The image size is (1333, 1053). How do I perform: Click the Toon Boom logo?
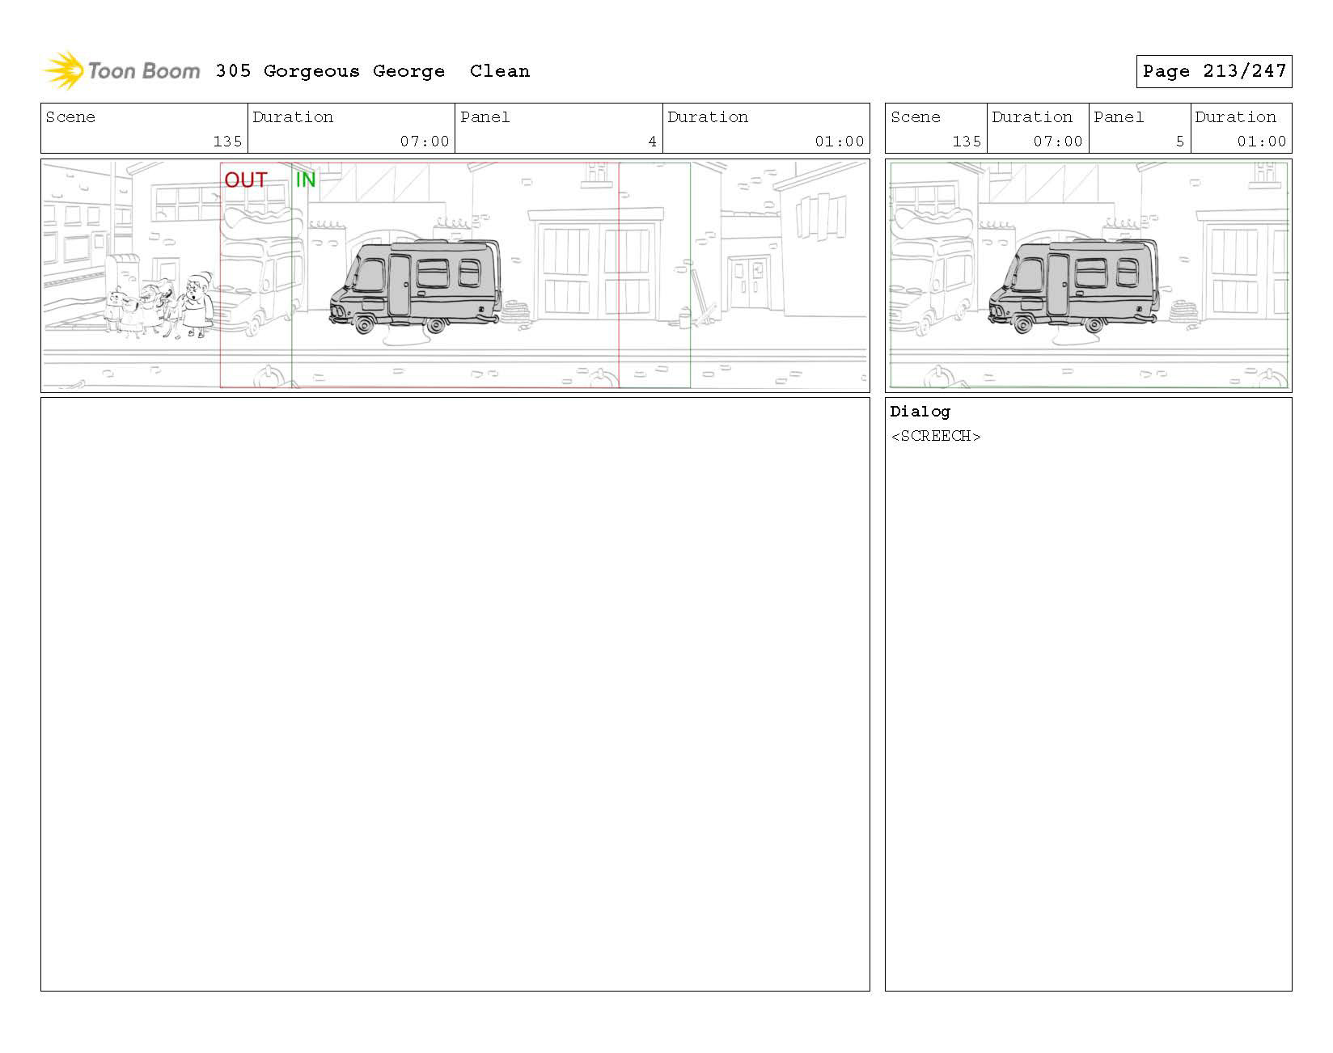click(x=121, y=70)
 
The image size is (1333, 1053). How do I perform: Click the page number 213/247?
click(x=1244, y=71)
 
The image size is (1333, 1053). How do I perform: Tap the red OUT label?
click(x=246, y=180)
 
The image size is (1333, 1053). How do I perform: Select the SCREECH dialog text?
click(x=936, y=436)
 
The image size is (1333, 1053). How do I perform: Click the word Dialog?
click(x=920, y=412)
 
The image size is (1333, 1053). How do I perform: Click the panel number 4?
click(x=652, y=142)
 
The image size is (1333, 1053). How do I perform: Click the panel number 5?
click(x=1179, y=142)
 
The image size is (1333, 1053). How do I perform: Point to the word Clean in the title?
click(x=500, y=71)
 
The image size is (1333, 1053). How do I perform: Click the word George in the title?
click(x=408, y=71)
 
